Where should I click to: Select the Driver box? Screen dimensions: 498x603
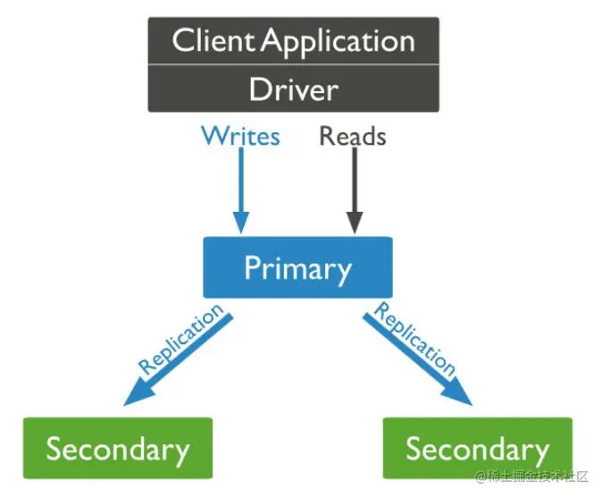tap(293, 90)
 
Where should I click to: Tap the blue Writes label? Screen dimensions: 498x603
tap(240, 136)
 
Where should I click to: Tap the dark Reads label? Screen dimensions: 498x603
tap(353, 136)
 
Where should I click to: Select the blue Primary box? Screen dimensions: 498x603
tap(297, 266)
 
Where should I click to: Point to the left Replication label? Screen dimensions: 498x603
tap(181, 341)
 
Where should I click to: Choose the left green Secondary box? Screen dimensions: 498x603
tap(117, 448)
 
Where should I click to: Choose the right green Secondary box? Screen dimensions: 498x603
tap(477, 448)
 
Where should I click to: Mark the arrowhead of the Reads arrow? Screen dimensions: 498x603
tap(354, 224)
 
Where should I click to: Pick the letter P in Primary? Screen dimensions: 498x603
tap(253, 267)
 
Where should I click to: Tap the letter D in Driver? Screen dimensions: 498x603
tap(259, 90)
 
